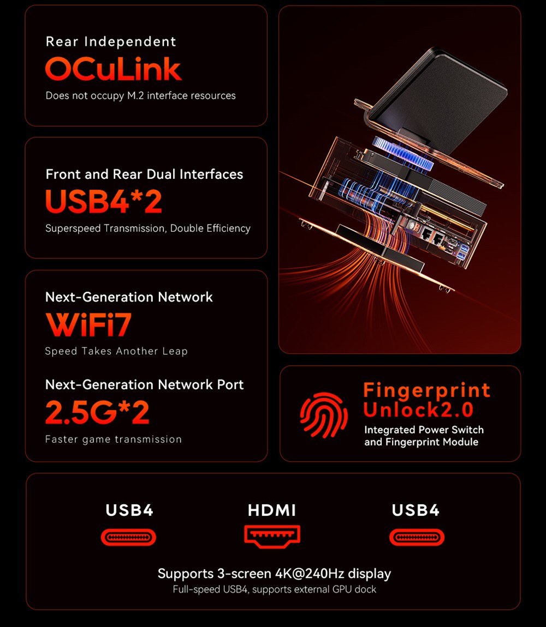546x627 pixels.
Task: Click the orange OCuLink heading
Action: point(113,69)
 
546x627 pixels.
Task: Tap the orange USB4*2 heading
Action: point(104,201)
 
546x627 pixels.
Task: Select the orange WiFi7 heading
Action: point(88,324)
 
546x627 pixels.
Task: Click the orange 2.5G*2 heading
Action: point(97,412)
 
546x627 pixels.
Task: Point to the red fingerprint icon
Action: point(324,416)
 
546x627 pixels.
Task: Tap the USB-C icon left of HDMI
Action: point(128,538)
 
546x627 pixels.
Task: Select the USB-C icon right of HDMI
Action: point(417,538)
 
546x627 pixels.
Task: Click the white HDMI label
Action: point(272,510)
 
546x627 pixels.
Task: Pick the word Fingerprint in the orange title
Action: point(426,390)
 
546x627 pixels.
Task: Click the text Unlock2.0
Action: point(418,409)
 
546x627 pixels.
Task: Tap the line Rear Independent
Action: point(111,42)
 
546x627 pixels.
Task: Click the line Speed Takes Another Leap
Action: point(116,352)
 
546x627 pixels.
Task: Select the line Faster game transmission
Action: point(113,439)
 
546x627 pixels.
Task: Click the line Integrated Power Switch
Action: point(424,430)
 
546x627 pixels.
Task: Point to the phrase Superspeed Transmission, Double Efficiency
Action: point(148,228)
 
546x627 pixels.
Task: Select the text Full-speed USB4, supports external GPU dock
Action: point(274,589)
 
